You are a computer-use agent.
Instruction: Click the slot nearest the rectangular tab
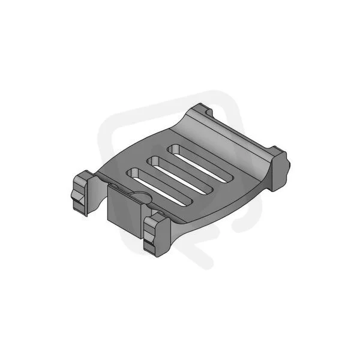[159, 187]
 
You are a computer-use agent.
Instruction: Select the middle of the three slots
[180, 175]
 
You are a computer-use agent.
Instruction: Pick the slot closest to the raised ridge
[200, 164]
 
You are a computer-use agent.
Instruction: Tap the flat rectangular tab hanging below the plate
[124, 211]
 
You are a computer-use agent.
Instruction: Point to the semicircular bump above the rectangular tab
[142, 197]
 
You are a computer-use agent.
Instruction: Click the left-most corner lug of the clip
[81, 193]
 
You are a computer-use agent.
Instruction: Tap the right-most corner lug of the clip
[280, 168]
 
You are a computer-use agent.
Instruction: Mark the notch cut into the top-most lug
[208, 112]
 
